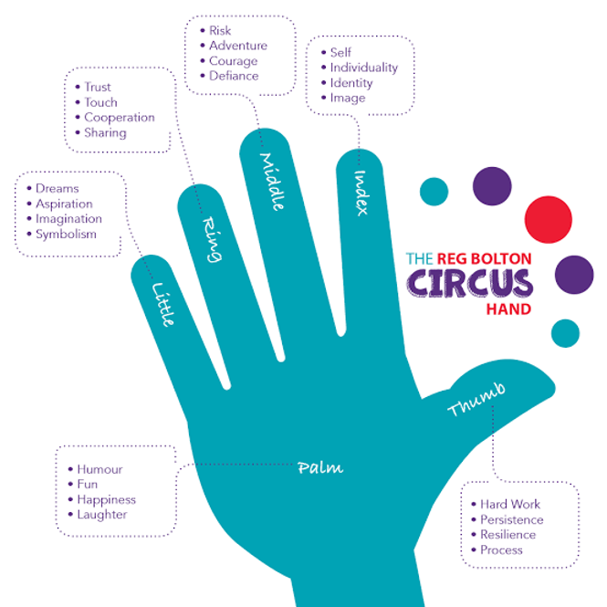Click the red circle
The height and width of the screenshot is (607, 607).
point(549,219)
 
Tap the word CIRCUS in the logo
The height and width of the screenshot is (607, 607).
point(469,283)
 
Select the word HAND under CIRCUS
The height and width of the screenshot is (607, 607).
point(508,309)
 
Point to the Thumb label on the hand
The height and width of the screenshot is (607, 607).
point(476,400)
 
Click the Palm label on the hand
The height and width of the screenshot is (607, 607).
point(320,467)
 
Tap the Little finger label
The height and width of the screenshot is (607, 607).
point(163,305)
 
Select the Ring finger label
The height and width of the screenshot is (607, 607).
point(213,239)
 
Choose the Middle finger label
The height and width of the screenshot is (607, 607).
point(272,182)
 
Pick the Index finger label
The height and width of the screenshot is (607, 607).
point(361,193)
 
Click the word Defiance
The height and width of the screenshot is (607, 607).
point(234,76)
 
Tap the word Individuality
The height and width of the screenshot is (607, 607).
point(364,68)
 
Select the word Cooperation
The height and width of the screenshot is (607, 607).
point(120,118)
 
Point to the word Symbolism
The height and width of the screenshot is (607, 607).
point(66,235)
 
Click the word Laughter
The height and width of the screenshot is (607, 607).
point(102,515)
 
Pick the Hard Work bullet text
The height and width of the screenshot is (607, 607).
point(510,504)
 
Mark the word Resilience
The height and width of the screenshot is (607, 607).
point(508,535)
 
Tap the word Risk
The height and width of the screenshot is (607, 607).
point(220,30)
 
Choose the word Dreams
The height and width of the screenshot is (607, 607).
point(58,189)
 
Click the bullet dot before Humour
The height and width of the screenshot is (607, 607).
point(70,469)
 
